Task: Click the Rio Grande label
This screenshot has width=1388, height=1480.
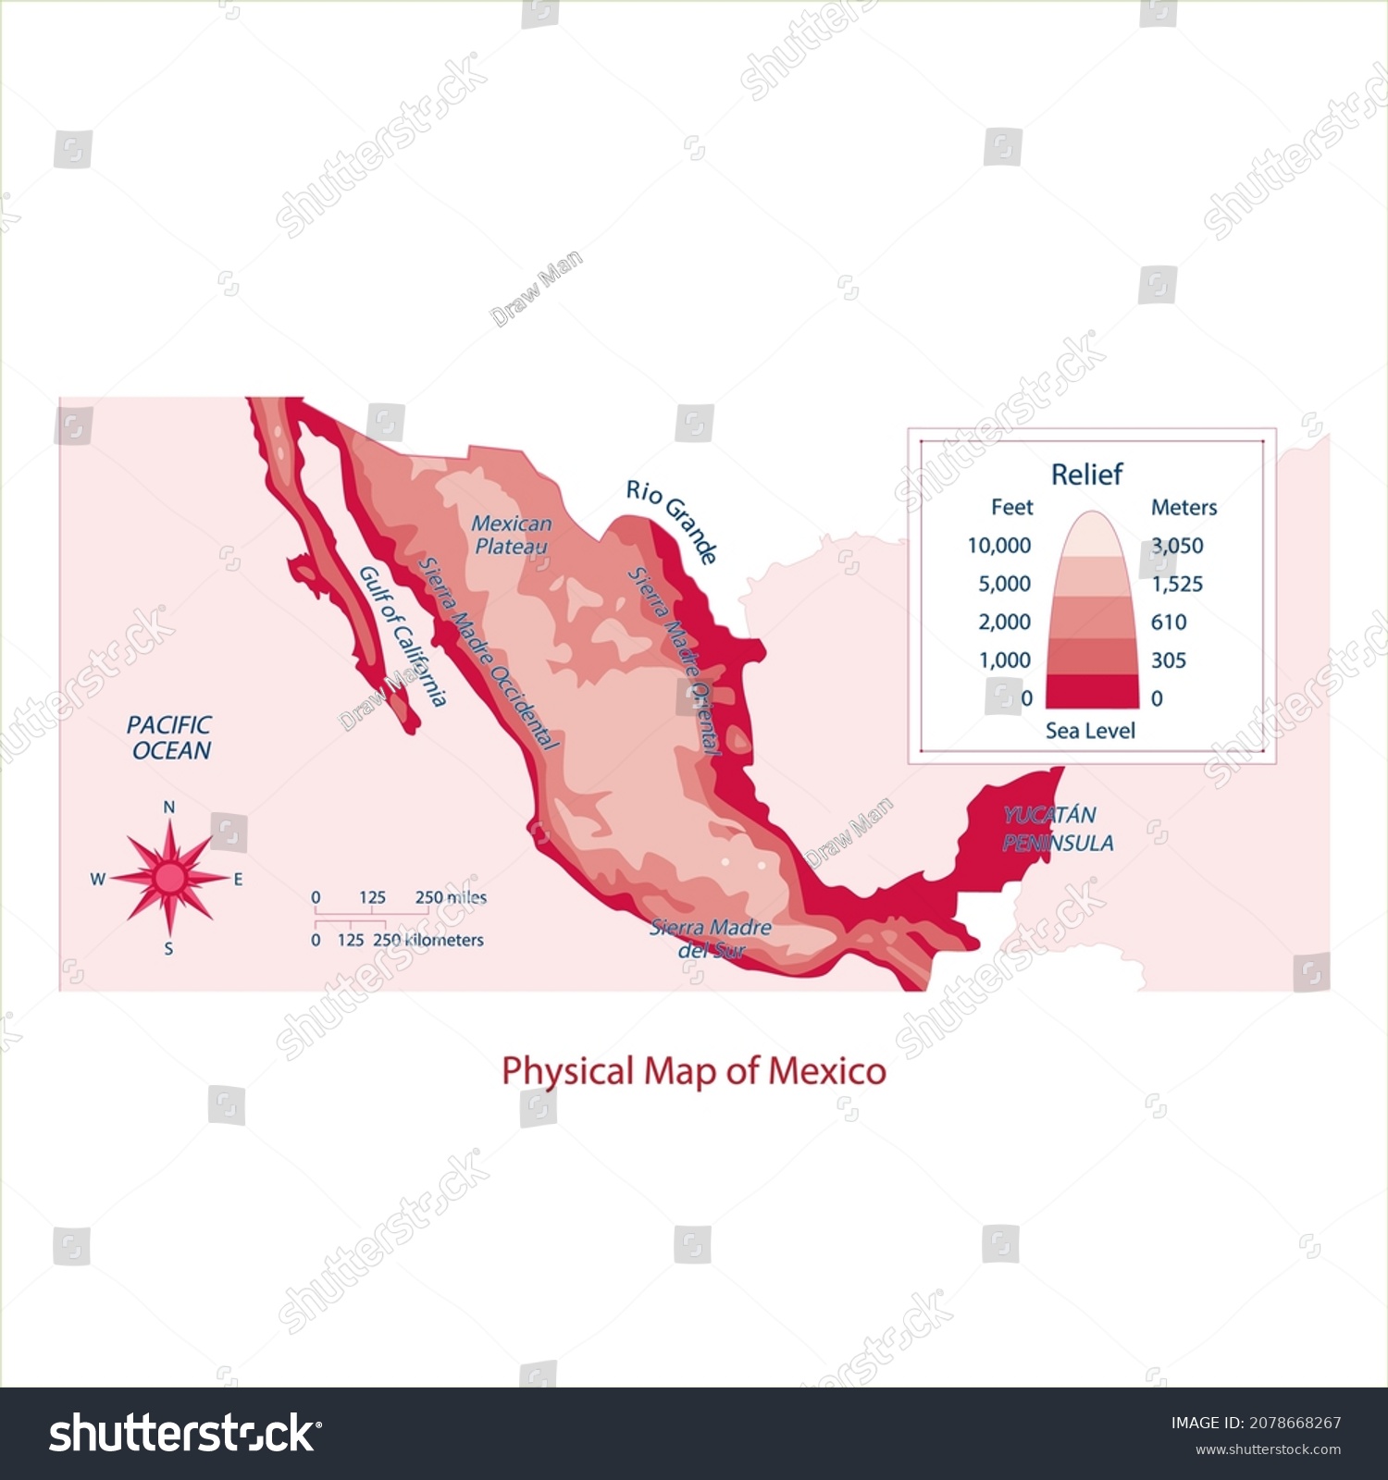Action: [x=672, y=522]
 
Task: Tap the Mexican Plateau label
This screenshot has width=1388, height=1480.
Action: [x=511, y=535]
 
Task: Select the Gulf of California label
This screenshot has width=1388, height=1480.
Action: [x=403, y=636]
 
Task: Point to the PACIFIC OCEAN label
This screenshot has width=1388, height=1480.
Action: [x=169, y=737]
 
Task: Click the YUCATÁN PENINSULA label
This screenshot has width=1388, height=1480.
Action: [x=1057, y=829]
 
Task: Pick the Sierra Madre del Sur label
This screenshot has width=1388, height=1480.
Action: [x=711, y=938]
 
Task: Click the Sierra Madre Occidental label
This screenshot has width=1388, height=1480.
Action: [x=489, y=653]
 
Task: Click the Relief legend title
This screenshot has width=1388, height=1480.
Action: [x=1086, y=475]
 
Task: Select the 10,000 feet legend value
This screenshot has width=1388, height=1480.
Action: [x=998, y=546]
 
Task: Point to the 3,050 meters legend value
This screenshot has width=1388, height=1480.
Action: [x=1177, y=546]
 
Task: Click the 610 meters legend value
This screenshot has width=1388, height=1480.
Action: [x=1169, y=622]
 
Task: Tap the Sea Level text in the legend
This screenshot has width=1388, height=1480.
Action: [x=1090, y=731]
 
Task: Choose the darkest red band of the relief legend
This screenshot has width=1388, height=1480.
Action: [x=1092, y=691]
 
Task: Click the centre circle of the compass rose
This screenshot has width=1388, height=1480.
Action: [x=169, y=878]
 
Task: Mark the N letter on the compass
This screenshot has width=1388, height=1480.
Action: [x=169, y=808]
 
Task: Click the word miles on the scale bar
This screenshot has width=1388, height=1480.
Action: [x=465, y=897]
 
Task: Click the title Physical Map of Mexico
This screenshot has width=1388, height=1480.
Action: [x=694, y=1071]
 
